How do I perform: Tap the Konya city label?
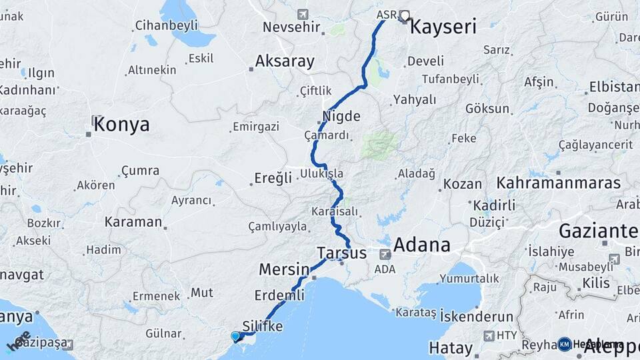(x=121, y=125)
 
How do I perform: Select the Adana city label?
(x=421, y=245)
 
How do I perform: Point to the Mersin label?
(x=283, y=270)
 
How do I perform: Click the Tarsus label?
(x=341, y=253)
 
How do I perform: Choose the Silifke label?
(x=263, y=326)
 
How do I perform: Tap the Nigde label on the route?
(x=341, y=116)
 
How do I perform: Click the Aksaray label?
(x=285, y=62)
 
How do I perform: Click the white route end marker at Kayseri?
(x=404, y=15)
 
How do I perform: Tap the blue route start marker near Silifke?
(x=235, y=336)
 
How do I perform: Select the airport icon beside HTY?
(x=490, y=336)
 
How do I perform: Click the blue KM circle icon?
(x=565, y=344)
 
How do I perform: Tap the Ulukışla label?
(x=322, y=173)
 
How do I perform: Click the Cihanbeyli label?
(x=166, y=25)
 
